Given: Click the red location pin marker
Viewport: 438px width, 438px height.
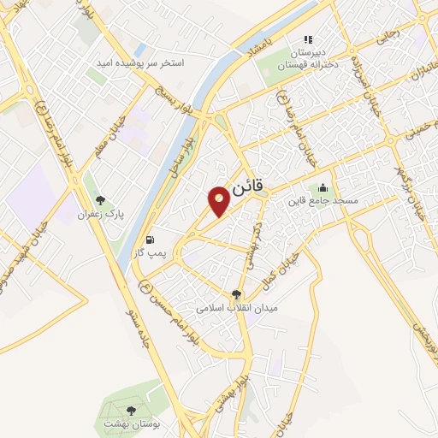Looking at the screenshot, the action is click(x=220, y=200).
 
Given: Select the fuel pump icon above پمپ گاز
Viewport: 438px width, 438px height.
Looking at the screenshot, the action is click(x=151, y=240).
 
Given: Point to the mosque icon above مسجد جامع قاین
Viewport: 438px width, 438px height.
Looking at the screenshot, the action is click(x=323, y=188).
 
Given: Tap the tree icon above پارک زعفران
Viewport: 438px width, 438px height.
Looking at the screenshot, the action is click(x=101, y=200).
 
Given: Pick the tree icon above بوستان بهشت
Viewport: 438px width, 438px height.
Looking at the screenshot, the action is click(x=131, y=411).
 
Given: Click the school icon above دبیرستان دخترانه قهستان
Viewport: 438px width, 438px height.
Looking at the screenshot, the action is click(x=310, y=38).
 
